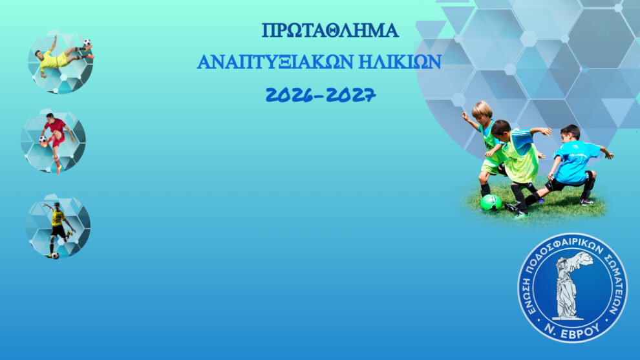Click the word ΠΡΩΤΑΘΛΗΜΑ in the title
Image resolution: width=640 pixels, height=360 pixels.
click(330, 30)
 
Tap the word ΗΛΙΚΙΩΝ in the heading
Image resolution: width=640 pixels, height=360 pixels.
click(400, 61)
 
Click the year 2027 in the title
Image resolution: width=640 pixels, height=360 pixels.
click(351, 95)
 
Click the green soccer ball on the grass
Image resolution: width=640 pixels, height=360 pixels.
click(491, 202)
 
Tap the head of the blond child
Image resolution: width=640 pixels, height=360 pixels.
click(482, 111)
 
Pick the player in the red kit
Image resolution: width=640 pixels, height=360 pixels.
click(56, 141)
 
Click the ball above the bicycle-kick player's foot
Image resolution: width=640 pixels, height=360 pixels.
click(87, 43)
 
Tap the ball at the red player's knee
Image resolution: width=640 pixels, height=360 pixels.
click(43, 140)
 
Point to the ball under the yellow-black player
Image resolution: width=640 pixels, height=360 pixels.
click(56, 255)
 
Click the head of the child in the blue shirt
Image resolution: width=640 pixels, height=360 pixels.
click(570, 133)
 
